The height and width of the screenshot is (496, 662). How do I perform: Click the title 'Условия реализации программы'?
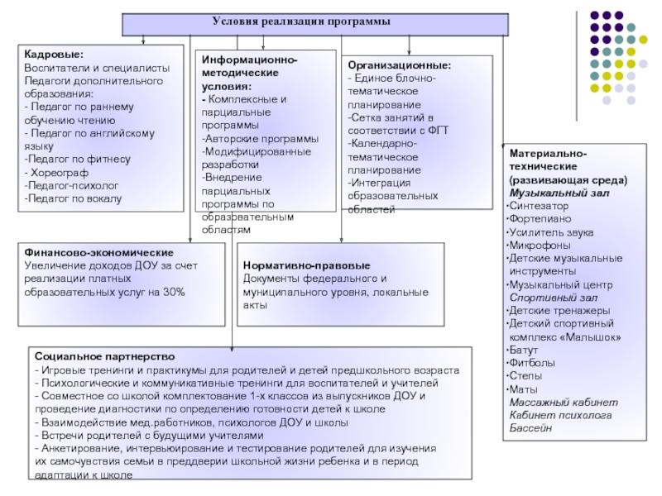301,21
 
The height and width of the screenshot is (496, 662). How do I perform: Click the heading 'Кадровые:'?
54,55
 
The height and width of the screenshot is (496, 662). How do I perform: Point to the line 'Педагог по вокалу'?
73,198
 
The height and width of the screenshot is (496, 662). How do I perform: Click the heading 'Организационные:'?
400,65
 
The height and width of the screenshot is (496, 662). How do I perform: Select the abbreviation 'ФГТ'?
438,131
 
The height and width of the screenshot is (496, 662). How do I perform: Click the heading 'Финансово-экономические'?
98,253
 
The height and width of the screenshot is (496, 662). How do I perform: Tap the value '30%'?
174,292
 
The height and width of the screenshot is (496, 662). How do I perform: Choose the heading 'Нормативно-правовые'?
306,265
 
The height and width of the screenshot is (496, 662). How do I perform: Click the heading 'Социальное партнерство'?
105,357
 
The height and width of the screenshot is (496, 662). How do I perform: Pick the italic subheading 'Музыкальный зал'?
559,193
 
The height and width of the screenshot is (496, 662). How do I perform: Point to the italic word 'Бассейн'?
530,428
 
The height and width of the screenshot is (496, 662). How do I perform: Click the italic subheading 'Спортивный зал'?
554,298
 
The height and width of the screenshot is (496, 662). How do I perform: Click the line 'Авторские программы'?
260,139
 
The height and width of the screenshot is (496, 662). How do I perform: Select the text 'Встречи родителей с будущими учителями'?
150,436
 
